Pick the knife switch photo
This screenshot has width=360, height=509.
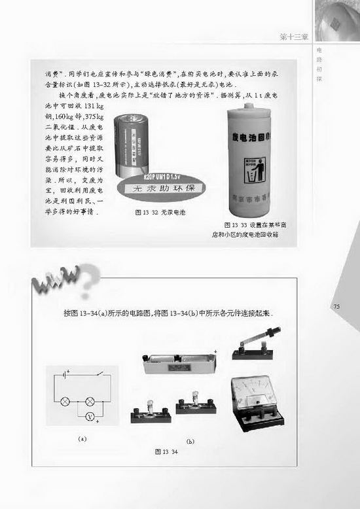click(x=257, y=344)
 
